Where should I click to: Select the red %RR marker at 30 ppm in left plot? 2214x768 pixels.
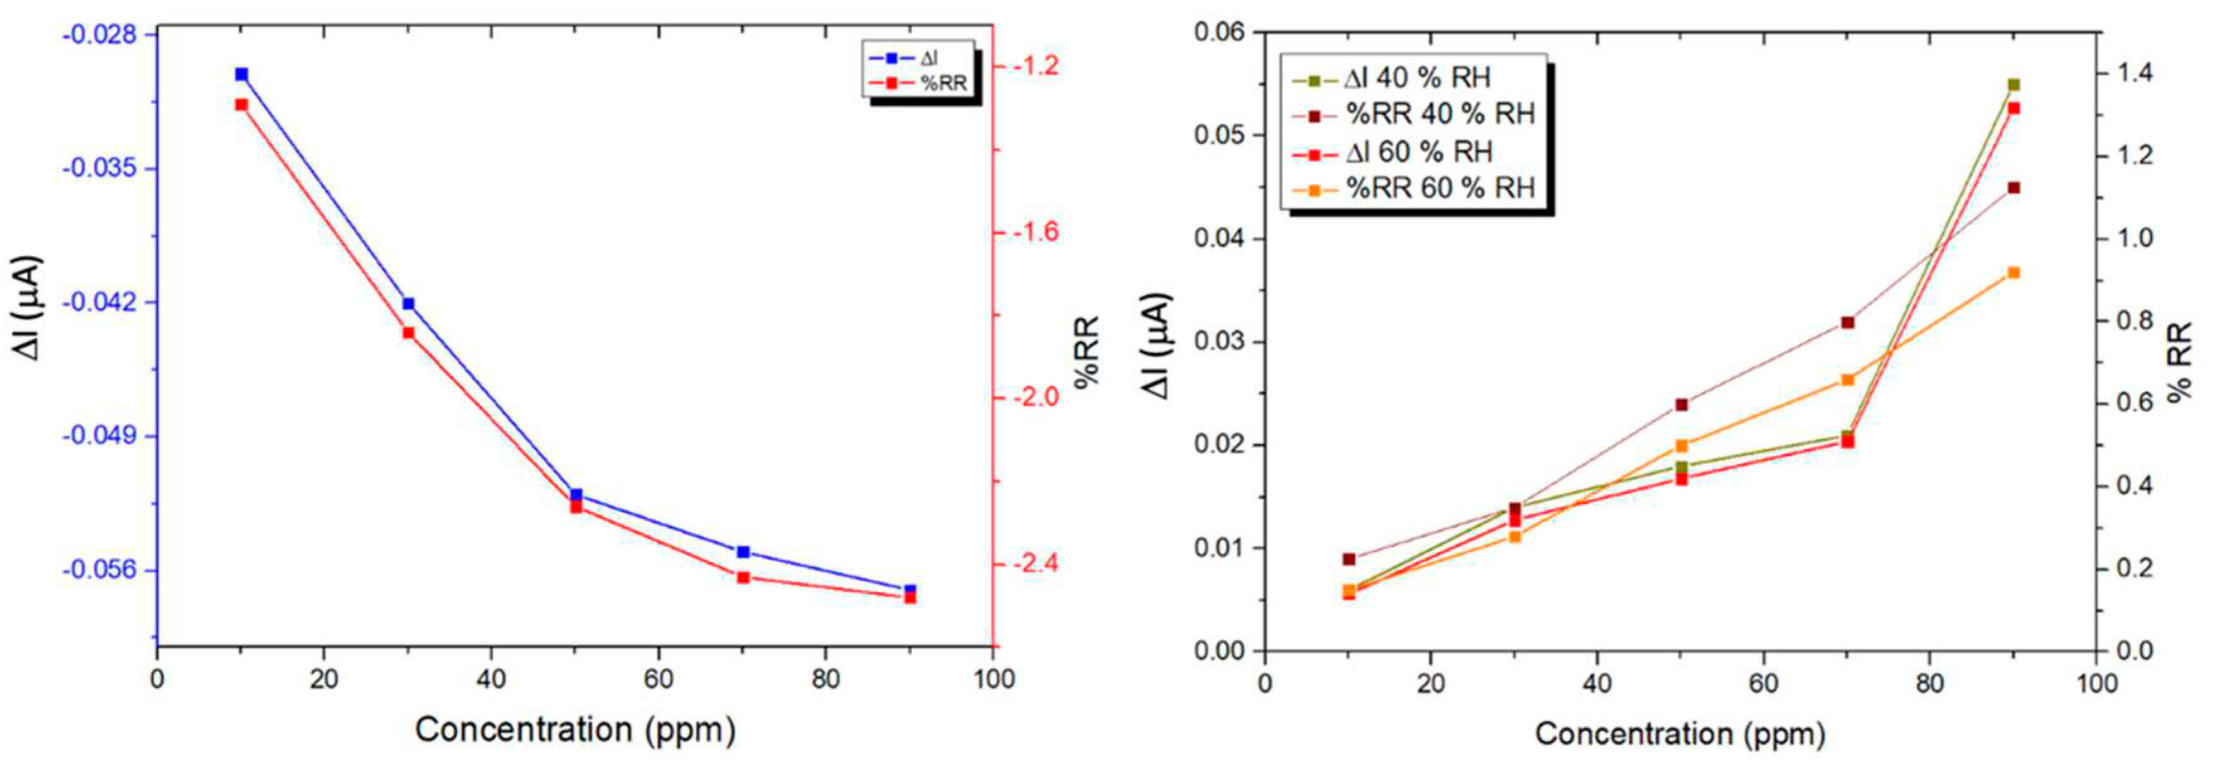(408, 333)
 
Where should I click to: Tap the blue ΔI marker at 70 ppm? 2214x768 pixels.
(743, 551)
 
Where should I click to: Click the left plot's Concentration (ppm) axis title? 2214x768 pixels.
(575, 730)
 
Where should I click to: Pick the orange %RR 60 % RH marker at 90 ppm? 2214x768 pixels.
(2014, 273)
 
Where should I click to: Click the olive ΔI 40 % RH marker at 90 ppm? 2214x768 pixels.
(2014, 85)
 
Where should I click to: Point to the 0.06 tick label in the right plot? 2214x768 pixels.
(1219, 33)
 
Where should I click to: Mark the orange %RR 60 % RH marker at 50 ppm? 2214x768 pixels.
(1682, 446)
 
